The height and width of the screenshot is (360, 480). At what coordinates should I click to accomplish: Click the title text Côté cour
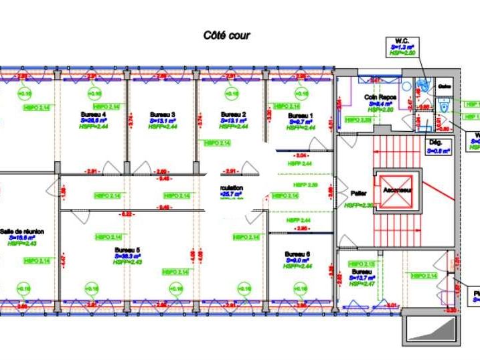(227, 35)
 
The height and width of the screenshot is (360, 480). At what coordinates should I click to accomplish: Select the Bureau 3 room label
(163, 114)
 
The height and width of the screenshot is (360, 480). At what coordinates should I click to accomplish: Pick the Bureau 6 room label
(297, 254)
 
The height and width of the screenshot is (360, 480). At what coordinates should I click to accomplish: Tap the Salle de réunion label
(21, 232)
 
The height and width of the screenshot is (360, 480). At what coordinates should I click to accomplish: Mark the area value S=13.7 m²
(362, 277)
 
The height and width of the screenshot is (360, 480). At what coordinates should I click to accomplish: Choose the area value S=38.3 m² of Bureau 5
(128, 256)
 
